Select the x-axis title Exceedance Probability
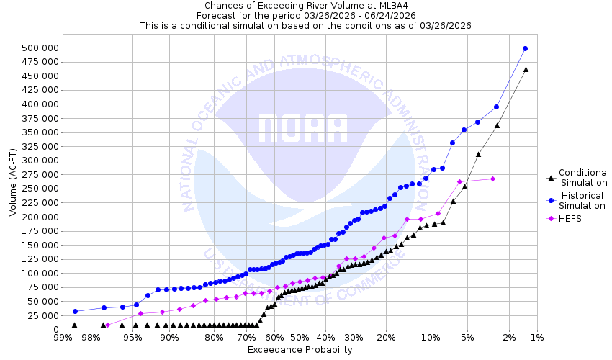coord(300,350)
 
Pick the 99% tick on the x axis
coord(63,337)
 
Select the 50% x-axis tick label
coord(300,337)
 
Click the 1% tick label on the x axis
coord(536,337)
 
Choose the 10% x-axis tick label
coord(430,337)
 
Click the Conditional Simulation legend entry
coord(584,177)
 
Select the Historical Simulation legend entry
coord(584,200)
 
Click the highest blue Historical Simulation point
coord(525,48)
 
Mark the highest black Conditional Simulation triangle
coord(526,69)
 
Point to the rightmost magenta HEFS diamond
coord(492,179)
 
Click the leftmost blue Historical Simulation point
coord(75,311)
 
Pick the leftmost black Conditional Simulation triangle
coord(74,325)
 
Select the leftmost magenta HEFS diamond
coord(108,325)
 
